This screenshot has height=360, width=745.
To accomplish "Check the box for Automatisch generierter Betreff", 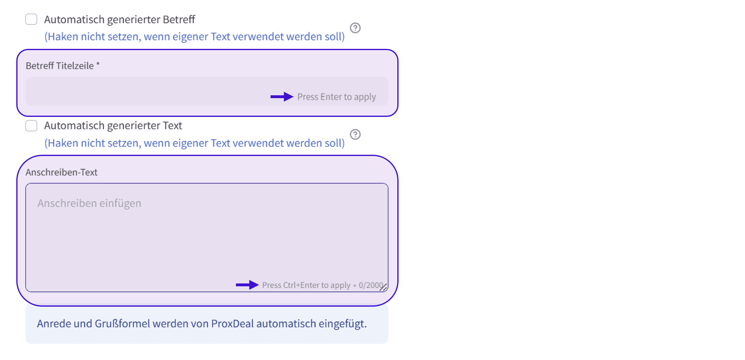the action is pyautogui.click(x=31, y=19).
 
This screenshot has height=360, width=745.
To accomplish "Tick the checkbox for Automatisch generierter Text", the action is pyautogui.click(x=31, y=125).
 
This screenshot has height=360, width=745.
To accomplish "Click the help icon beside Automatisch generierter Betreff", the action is pyautogui.click(x=355, y=28).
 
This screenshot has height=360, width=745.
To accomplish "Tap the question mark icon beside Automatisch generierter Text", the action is pyautogui.click(x=355, y=134).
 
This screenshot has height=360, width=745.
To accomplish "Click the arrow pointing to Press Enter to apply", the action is pyautogui.click(x=282, y=97).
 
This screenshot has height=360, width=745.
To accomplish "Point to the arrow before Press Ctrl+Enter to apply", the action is pyautogui.click(x=247, y=285).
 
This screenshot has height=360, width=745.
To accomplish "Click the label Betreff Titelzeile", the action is pyautogui.click(x=60, y=66).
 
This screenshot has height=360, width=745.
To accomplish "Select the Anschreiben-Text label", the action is pyautogui.click(x=61, y=172).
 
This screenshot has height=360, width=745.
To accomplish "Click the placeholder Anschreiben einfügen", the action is pyautogui.click(x=90, y=203).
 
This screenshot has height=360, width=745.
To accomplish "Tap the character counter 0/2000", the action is pyautogui.click(x=371, y=285).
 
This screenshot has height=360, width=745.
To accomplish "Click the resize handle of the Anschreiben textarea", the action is pyautogui.click(x=383, y=287).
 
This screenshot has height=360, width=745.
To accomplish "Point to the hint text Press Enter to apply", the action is pyautogui.click(x=337, y=97).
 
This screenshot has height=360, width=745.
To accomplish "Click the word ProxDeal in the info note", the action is pyautogui.click(x=232, y=324).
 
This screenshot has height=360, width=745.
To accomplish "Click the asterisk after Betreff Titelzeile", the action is pyautogui.click(x=98, y=64).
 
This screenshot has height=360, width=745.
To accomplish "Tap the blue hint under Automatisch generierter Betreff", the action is pyautogui.click(x=195, y=37).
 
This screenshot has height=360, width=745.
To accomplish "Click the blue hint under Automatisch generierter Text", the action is pyautogui.click(x=195, y=143).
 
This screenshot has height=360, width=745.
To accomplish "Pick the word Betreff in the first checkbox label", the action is pyautogui.click(x=179, y=20).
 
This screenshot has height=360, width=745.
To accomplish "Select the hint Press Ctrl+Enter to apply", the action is pyautogui.click(x=306, y=285).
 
